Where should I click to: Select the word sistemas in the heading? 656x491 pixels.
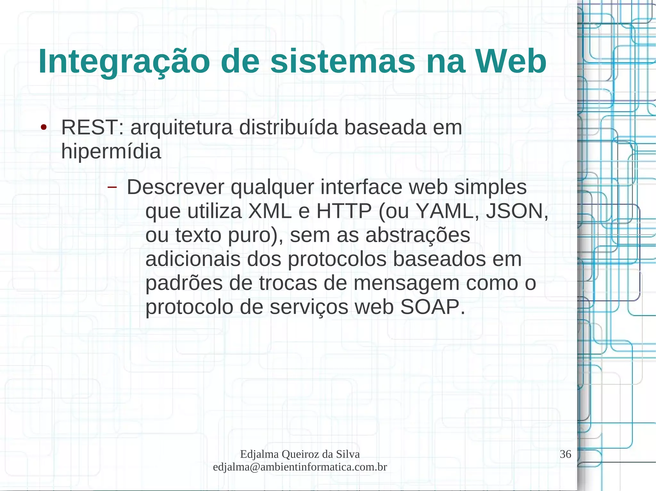342,62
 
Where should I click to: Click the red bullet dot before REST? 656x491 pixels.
44,128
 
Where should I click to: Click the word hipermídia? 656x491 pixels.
111,151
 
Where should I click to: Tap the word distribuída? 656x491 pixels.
288,128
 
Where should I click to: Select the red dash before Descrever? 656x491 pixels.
112,187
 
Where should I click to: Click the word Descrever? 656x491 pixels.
175,187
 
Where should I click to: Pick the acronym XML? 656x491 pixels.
270,211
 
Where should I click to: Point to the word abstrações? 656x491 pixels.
418,235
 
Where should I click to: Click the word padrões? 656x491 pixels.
184,284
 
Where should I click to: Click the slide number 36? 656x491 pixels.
565,454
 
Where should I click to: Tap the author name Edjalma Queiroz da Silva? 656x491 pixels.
300,454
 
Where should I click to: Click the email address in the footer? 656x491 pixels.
300,467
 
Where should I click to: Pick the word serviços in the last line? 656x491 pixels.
309,307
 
